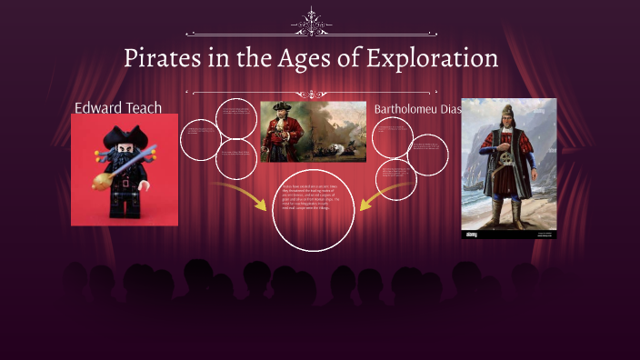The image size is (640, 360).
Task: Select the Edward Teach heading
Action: [118, 108]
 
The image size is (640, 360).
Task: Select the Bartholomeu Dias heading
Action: [417, 109]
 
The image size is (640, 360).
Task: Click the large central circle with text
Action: [313, 208]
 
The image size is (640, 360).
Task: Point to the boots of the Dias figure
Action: [509, 215]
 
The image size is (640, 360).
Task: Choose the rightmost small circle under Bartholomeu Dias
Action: [427, 155]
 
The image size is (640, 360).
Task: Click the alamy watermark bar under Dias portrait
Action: [509, 234]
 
